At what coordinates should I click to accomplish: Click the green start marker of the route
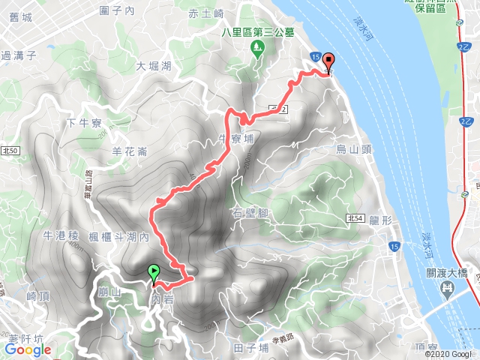click(x=154, y=272)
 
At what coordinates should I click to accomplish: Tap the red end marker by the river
click(x=328, y=64)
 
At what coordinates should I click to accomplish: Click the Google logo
click(x=27, y=349)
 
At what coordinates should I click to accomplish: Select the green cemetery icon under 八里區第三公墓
click(x=258, y=48)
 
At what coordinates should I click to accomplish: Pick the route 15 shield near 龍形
click(x=394, y=246)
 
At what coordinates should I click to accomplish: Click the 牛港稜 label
click(x=61, y=235)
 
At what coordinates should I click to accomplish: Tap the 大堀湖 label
click(x=154, y=66)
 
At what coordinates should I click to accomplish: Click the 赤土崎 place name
click(x=206, y=13)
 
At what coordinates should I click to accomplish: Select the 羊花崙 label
click(x=128, y=150)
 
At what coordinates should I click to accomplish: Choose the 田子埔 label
click(x=250, y=348)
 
